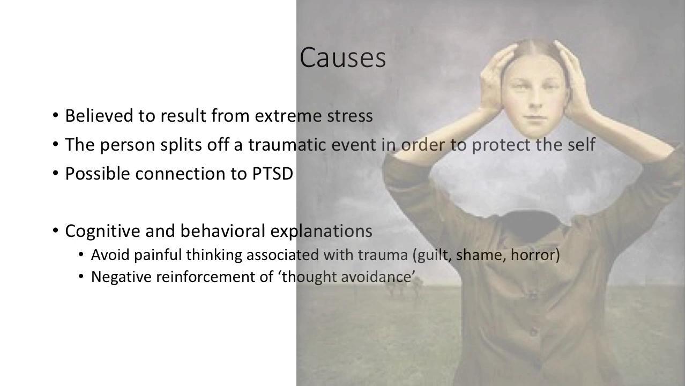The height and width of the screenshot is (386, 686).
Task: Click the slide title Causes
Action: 342,57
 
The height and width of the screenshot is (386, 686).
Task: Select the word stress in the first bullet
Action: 350,116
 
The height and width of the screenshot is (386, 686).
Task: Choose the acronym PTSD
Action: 273,174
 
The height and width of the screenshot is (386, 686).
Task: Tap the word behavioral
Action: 222,231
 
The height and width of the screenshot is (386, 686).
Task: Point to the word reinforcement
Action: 215,277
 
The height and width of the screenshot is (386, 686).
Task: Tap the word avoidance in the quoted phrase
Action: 376,277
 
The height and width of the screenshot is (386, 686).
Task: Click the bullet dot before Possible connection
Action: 55,173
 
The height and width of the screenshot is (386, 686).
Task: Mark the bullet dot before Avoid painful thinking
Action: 81,255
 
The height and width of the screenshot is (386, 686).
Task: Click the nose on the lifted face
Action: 535,100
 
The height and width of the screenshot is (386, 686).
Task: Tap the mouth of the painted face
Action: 535,117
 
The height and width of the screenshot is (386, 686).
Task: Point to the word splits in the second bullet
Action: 181,145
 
